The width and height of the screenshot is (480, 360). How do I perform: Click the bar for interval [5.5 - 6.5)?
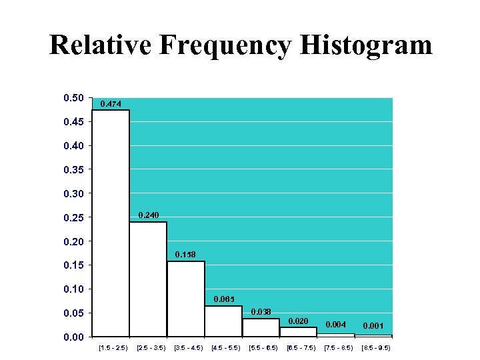point(261,327)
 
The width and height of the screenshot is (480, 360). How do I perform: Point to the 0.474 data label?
point(111,103)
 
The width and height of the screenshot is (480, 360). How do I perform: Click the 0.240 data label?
point(148,215)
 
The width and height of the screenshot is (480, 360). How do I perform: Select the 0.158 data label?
point(185,254)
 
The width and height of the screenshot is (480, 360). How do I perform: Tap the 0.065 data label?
point(223,299)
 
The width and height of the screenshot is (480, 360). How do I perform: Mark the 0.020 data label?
point(298,321)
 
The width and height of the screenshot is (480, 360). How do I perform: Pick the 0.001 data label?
point(373,325)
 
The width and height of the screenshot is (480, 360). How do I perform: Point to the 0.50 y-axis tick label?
point(73,98)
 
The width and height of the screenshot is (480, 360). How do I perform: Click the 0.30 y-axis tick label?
point(73,193)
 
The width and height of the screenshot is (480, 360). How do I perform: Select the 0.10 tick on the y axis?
point(73,289)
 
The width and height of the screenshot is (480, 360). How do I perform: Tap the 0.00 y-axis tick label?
point(73,337)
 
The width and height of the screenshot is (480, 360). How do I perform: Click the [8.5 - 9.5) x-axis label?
point(375,348)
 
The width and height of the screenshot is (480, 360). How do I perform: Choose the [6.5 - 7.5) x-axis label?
point(301,348)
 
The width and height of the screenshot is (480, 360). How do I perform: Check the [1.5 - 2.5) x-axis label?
point(113,348)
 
